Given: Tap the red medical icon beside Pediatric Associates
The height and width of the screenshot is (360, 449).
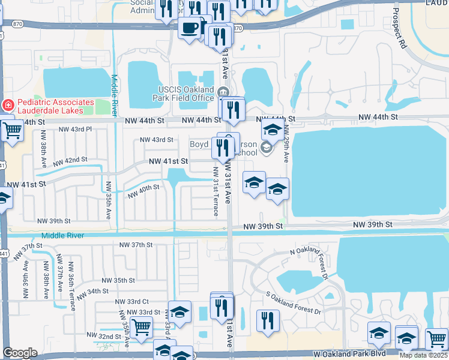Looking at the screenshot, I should coord(8,105).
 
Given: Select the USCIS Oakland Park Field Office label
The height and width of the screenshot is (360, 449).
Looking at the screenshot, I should coord(182,94).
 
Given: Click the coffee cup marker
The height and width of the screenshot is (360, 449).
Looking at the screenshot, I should coord(190,28).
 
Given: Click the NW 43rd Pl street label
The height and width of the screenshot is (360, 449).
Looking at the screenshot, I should coord(75,129).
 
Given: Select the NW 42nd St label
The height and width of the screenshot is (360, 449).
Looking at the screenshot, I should coord(70,161).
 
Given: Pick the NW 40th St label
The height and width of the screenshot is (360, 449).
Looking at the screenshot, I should coord(143,191).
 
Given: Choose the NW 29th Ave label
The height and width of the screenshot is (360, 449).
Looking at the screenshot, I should coord(286,144).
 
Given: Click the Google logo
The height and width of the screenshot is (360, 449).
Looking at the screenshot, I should coord(20,353).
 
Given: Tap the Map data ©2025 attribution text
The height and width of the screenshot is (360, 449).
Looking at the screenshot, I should coord(423,355).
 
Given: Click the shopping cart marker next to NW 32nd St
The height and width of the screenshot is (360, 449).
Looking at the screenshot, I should coord(141,328).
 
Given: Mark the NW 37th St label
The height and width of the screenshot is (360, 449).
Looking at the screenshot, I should coord(137,245).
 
